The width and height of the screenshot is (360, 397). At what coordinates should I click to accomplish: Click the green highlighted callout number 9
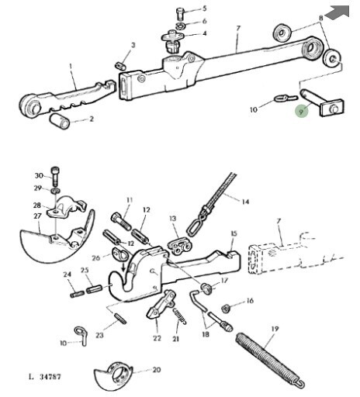[x=301, y=112]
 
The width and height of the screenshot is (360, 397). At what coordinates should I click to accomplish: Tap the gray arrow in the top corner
[x=337, y=12]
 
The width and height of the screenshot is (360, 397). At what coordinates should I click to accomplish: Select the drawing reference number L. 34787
[x=44, y=377]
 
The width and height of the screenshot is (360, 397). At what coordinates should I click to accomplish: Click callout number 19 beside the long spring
[x=275, y=329]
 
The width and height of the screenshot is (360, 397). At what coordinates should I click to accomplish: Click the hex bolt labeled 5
[x=180, y=13]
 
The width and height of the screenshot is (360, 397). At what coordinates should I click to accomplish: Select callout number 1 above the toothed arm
[x=71, y=67]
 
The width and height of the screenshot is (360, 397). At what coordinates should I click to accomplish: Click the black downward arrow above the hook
[x=123, y=266]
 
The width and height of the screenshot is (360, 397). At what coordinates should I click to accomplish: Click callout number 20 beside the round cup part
[x=157, y=370]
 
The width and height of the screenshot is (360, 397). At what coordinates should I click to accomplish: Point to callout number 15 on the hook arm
[x=234, y=233]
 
